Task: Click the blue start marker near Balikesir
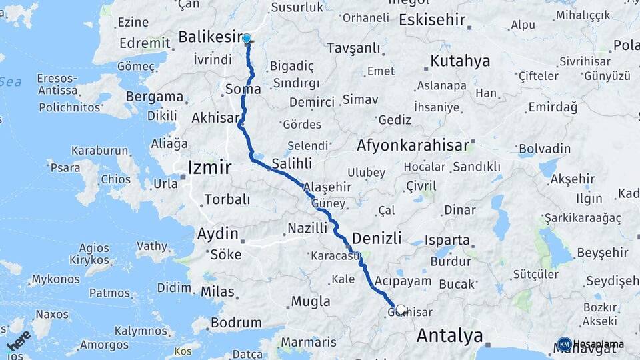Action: (x=247, y=39)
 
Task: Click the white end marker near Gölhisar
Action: (x=401, y=310)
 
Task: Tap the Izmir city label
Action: (x=210, y=167)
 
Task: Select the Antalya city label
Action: (x=449, y=335)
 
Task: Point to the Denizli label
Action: (x=377, y=238)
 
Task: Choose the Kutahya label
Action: (x=460, y=61)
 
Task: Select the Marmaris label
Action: (x=309, y=342)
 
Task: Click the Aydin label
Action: (x=217, y=234)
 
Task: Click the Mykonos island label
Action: (x=55, y=279)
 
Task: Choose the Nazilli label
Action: (x=307, y=228)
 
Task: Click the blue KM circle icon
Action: (x=564, y=344)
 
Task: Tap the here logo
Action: (x=19, y=342)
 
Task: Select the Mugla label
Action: (x=311, y=301)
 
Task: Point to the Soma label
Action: (x=243, y=88)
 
